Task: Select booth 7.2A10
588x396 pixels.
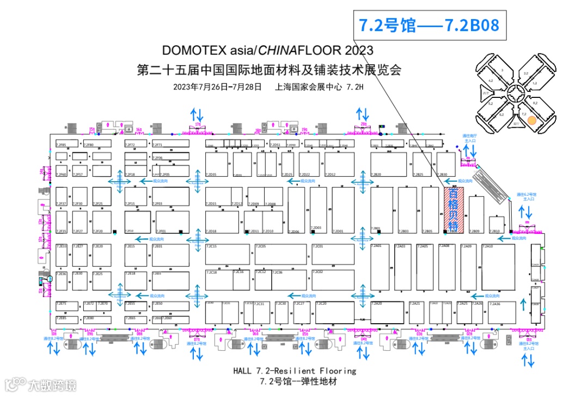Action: pos(497,267)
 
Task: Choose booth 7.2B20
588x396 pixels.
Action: pos(388,164)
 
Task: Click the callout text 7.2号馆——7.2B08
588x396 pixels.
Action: pos(428,25)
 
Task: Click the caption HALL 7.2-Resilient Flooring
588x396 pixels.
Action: pos(295,371)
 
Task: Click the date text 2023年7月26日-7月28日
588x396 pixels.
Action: pos(217,86)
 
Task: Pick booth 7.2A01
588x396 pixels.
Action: pos(381,267)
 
